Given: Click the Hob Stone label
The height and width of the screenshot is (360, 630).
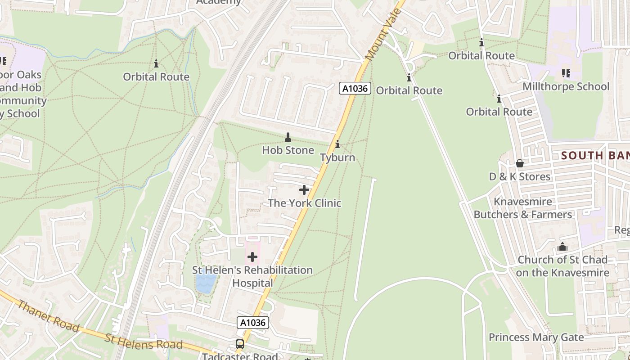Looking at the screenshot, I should pos(288,150).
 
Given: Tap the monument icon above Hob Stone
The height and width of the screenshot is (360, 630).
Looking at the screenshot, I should pos(288,137).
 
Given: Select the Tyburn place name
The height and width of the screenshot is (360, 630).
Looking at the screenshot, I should pos(337,157).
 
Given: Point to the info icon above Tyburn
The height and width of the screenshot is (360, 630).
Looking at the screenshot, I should pos(337,144).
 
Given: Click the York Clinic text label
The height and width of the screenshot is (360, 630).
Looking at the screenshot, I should pos(305,203).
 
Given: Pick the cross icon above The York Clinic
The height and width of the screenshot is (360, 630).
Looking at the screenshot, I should pos(304,190).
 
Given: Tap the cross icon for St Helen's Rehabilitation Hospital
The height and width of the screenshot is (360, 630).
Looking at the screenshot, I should pos(252,257).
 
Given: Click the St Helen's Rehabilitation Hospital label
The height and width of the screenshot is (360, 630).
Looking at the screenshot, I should pos(252,276).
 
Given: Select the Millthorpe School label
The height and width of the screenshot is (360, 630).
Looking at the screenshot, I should pos(566,86).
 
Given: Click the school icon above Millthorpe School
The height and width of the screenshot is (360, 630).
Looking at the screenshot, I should pos(566,73).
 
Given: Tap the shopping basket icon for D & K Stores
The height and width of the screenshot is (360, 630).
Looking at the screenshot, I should pos(520,163).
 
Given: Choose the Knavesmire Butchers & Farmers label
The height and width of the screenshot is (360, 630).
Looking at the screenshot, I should pos(523,208).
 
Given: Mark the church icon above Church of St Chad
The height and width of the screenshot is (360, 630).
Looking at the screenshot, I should pos(562,247).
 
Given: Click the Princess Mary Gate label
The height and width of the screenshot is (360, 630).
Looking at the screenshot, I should pos(536,337).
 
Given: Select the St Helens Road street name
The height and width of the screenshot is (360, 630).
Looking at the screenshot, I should pos(144,342).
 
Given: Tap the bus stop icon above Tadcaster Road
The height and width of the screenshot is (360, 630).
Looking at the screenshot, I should pos(240,344).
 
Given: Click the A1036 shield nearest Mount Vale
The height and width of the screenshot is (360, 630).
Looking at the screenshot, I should pos(355,89).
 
